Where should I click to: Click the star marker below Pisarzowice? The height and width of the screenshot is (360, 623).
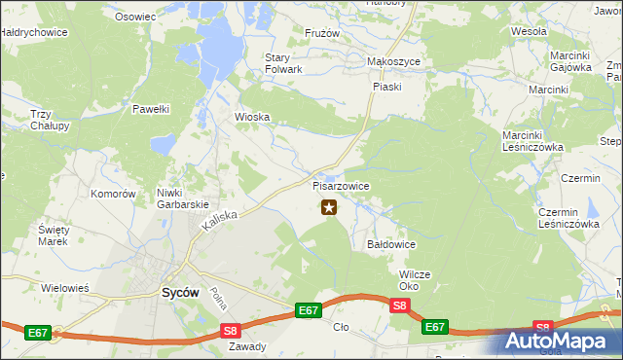(329, 206)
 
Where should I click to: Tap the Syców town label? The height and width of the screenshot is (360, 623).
(179, 292)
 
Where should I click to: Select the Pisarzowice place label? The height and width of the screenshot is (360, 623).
(341, 185)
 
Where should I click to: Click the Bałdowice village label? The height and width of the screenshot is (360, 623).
(392, 244)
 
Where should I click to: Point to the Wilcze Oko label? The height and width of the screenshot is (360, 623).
(415, 280)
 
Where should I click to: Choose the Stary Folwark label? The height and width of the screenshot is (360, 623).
(284, 63)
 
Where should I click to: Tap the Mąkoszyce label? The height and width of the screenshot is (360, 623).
(392, 60)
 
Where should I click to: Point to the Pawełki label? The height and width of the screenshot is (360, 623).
(152, 109)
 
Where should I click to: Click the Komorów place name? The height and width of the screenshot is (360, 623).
(112, 194)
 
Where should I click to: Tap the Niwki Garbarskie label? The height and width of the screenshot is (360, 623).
(184, 198)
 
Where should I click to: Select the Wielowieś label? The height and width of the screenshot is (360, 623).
(65, 288)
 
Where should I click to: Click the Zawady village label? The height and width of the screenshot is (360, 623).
(245, 345)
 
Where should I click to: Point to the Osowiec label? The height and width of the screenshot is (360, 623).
(135, 17)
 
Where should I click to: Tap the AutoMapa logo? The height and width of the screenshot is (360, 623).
(559, 342)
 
